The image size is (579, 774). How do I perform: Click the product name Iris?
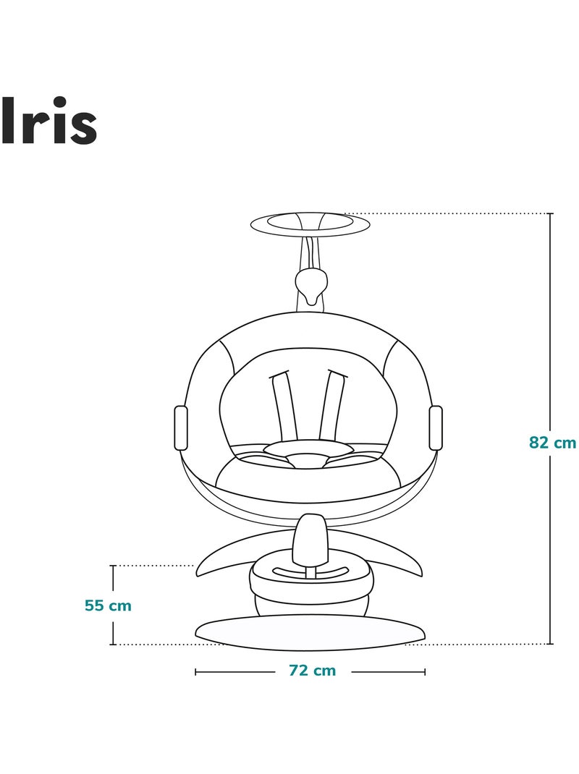(48, 121)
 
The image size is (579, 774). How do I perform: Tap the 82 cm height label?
(552, 442)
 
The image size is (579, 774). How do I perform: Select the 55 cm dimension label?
(108, 605)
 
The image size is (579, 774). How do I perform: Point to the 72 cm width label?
(312, 671)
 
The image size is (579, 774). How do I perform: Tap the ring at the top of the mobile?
(310, 224)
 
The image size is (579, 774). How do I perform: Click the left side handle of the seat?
(182, 428)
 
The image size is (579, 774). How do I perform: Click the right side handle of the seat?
(436, 428)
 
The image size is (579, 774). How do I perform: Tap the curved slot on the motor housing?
(310, 573)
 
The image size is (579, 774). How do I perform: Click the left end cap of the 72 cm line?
(195, 671)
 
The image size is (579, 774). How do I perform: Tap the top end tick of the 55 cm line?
(113, 566)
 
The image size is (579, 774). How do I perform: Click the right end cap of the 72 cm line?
(425, 671)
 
